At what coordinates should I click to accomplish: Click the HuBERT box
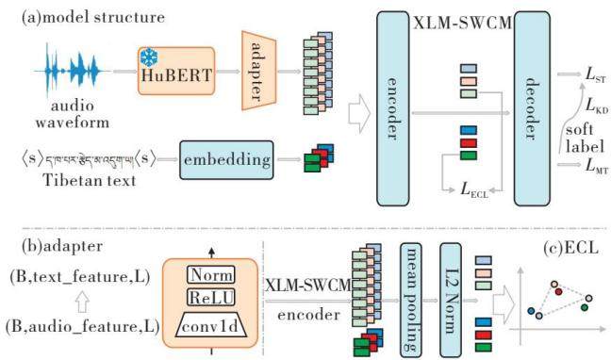coord(176,71)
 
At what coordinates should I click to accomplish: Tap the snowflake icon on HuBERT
coord(149,57)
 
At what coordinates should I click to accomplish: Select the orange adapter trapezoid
coord(258,71)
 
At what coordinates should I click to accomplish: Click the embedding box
coord(226,160)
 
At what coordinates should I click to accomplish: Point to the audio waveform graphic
coord(72,71)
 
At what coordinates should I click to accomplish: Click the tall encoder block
coord(393,108)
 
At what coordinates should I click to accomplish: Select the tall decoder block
coord(532,108)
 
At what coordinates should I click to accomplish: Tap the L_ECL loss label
coord(474,189)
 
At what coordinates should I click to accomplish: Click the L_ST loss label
coord(596,74)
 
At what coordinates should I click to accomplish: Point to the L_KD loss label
coord(597,106)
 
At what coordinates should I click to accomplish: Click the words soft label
coord(585,138)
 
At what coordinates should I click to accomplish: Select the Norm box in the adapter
coord(211,275)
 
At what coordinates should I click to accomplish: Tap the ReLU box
coord(211,298)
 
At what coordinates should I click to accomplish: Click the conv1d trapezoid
coord(211,325)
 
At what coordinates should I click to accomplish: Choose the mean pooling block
coord(411,299)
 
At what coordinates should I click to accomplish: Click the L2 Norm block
coord(451,299)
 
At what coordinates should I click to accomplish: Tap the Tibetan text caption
coord(90,180)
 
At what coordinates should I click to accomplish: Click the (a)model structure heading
coord(93,17)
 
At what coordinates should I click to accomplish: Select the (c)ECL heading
coord(570,248)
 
